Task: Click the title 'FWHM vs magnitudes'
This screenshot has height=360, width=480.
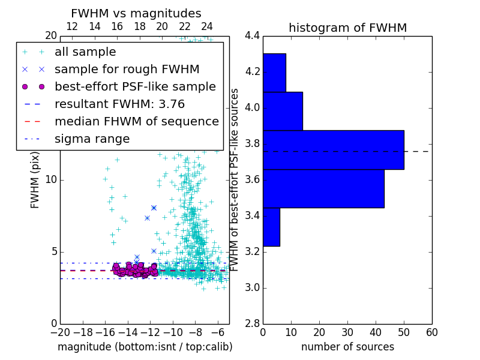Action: click(136, 14)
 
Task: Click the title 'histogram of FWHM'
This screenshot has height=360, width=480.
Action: click(347, 28)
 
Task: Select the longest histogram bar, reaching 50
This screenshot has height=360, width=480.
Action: click(333, 149)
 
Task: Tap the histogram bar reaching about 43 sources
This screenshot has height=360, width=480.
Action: click(323, 188)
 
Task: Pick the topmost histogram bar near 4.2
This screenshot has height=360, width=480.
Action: click(274, 73)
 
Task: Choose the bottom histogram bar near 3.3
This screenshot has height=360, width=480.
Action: click(271, 227)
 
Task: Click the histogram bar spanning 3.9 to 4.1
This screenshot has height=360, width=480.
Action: click(283, 111)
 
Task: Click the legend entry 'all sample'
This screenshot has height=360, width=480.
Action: click(85, 52)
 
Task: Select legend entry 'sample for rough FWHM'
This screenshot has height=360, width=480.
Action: click(127, 70)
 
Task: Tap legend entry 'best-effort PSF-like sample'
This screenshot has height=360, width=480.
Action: click(135, 87)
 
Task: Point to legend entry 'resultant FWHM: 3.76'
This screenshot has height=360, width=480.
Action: click(119, 104)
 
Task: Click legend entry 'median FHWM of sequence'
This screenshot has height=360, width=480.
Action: click(136, 122)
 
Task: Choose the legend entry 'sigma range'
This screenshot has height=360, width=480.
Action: click(92, 139)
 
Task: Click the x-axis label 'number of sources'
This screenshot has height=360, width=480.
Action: click(347, 347)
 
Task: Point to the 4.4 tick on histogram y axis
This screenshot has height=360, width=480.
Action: click(252, 36)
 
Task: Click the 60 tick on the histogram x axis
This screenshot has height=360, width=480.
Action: click(431, 332)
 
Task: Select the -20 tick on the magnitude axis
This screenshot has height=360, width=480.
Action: click(60, 332)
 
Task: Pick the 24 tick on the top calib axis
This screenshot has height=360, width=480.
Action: click(207, 26)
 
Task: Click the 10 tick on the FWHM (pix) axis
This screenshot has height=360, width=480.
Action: click(51, 180)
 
